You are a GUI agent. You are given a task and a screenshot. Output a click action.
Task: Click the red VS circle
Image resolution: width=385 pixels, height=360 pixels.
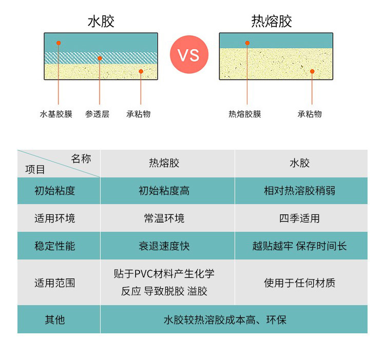[189, 54]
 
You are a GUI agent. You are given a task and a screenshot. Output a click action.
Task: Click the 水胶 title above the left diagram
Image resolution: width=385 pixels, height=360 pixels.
[101, 21]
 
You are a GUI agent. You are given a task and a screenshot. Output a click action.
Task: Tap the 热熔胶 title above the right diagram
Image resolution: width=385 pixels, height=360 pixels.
[272, 21]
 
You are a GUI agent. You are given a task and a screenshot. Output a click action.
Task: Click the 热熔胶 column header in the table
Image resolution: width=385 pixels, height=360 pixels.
[164, 163]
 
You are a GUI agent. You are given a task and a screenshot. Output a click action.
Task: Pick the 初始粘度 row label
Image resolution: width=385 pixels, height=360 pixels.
[55, 191]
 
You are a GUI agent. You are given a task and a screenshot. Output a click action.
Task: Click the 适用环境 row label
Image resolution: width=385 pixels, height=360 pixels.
[55, 218]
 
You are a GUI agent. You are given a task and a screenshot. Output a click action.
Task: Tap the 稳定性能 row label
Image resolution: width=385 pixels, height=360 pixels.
[55, 246]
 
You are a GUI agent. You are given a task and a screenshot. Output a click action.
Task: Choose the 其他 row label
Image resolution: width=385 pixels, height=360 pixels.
[55, 320]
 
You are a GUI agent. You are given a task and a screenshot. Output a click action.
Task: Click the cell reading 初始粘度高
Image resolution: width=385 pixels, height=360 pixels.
[164, 191]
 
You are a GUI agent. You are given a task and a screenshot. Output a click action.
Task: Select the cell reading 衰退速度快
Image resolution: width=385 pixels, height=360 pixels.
[164, 246]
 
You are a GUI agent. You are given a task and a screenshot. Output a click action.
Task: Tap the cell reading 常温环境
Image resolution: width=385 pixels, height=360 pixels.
[164, 218]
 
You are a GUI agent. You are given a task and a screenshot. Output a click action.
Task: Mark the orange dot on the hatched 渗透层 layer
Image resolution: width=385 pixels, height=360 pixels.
[100, 58]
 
